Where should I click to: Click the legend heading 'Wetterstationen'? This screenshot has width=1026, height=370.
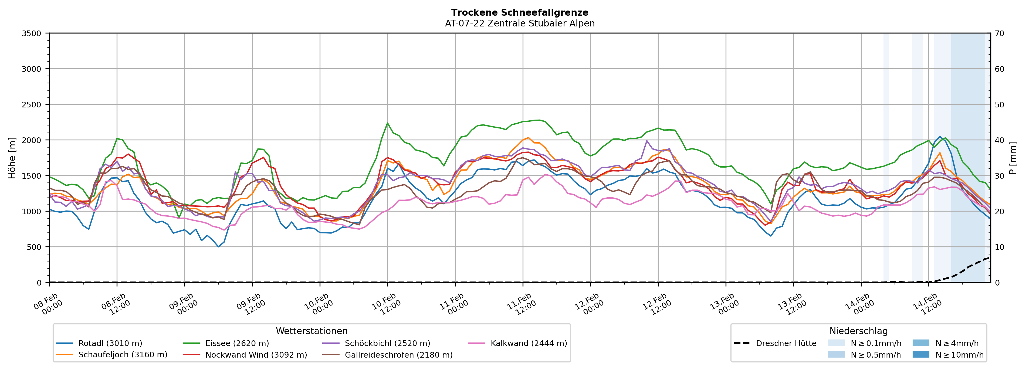(x=311, y=331)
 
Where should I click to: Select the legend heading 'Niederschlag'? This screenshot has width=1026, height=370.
(x=858, y=331)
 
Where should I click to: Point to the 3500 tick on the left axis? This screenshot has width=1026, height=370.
(x=32, y=33)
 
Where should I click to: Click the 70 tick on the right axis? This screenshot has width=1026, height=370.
(x=999, y=33)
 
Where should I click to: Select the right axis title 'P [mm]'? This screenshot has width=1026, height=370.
(x=1013, y=158)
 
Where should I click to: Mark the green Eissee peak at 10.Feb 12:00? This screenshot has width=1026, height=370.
(x=388, y=123)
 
